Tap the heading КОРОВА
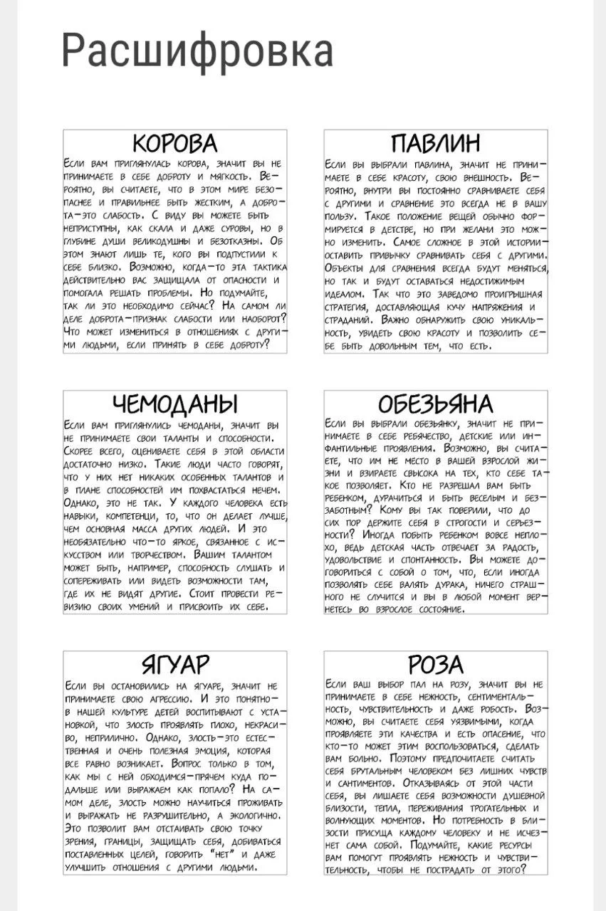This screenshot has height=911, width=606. click(175, 143)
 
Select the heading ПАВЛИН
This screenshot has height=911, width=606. click(436, 143)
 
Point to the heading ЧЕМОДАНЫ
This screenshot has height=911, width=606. click(175, 404)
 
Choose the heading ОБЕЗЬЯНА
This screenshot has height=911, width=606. click(436, 404)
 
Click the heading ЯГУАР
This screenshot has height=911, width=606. click(175, 665)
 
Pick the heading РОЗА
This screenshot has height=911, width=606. click(436, 665)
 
